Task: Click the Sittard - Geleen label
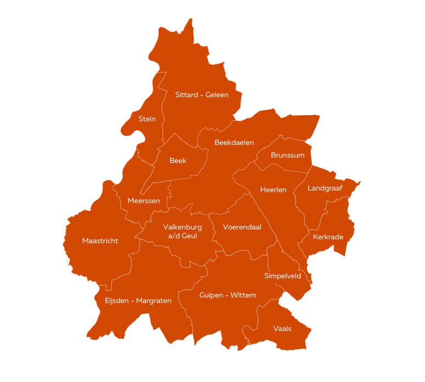[x=202, y=95]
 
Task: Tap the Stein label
[x=147, y=119]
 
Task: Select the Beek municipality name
[x=178, y=161]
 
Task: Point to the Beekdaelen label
[x=234, y=143]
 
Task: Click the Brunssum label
[x=287, y=155]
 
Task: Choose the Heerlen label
[x=273, y=190]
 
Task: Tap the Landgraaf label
[x=325, y=188]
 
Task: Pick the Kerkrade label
[x=328, y=237]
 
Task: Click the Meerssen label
[x=143, y=201]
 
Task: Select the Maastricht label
[x=100, y=241]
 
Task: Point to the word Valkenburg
[x=182, y=227]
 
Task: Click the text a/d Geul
[x=182, y=236]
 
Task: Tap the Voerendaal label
[x=242, y=227]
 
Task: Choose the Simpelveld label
[x=282, y=276]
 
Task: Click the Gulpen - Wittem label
[x=227, y=295]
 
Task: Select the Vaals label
[x=282, y=329]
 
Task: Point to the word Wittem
[x=243, y=295]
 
